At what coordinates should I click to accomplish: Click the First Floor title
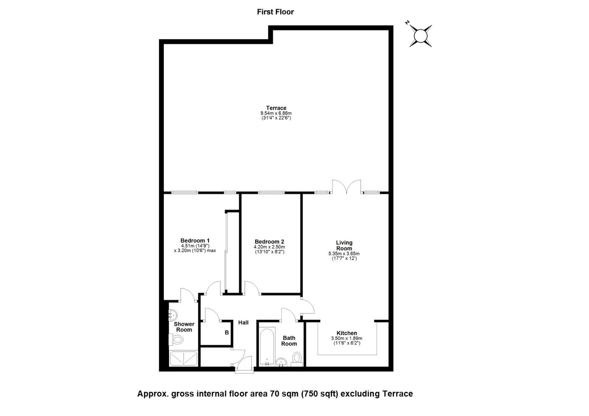tap(275, 12)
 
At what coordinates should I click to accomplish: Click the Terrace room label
tap(276, 108)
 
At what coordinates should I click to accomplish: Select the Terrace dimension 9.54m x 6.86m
tap(276, 113)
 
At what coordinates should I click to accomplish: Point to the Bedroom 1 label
tap(195, 240)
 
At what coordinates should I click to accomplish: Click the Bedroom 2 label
tap(269, 242)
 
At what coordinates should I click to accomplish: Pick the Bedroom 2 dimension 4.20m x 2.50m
tap(269, 247)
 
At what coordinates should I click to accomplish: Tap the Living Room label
tap(344, 245)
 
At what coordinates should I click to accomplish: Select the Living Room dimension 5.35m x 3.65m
tap(344, 254)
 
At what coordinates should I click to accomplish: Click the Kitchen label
tap(347, 333)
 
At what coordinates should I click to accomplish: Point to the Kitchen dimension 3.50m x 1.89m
tap(347, 339)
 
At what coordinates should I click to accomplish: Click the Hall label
tap(243, 322)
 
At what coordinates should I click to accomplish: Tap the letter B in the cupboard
tap(227, 333)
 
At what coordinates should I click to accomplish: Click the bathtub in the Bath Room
tap(267, 347)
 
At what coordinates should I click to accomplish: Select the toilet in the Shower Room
tap(176, 339)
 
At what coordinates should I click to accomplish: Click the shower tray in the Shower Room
tap(183, 359)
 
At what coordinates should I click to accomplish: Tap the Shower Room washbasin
tap(173, 315)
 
